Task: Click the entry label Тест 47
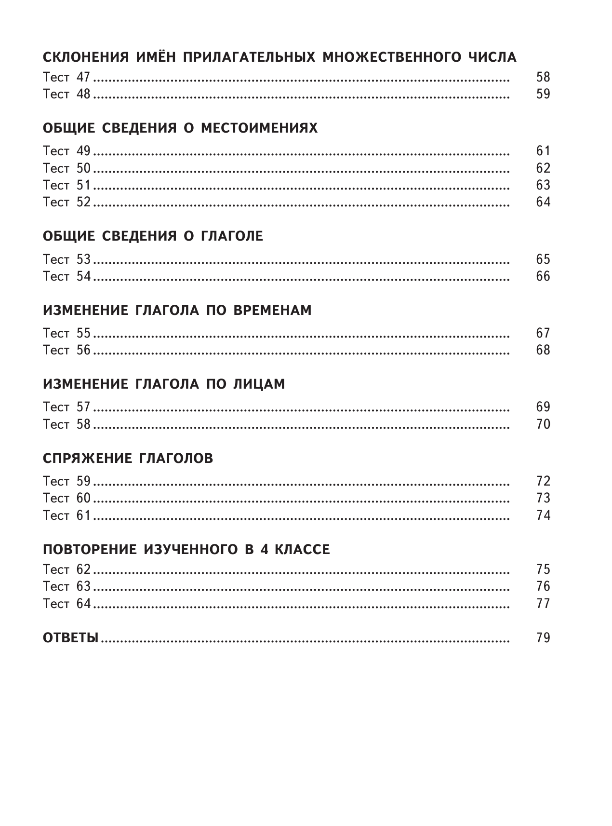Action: tap(67, 77)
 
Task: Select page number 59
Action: tap(543, 94)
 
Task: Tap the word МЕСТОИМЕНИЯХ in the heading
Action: tap(259, 129)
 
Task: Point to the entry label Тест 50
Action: tap(67, 168)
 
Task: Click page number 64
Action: tap(543, 202)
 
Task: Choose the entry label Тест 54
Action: tap(67, 276)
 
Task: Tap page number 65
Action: tap(543, 259)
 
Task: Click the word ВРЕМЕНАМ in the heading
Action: tap(272, 310)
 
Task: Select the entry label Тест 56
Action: tap(67, 350)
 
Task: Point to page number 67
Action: tap(543, 333)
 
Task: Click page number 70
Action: tap(543, 424)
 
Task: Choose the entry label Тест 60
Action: tap(67, 498)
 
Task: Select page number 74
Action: tap(543, 515)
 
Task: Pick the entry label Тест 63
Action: tap(67, 587)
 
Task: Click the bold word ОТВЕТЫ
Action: tap(70, 638)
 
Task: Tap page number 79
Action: tap(543, 638)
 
